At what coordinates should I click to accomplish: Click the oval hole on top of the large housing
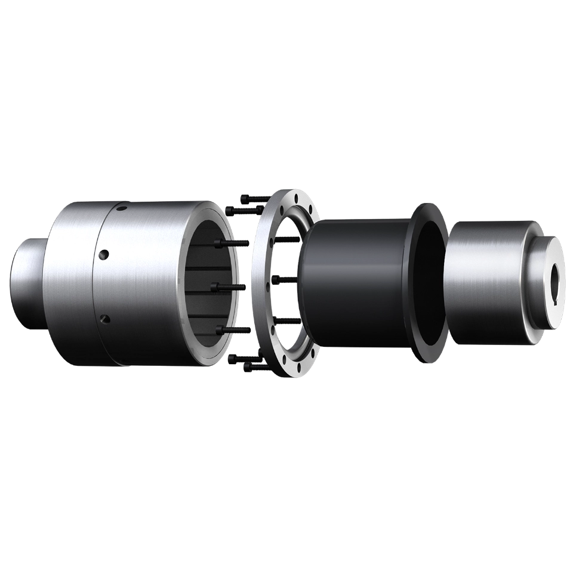point(122,209)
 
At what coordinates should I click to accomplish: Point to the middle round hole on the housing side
point(104,255)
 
